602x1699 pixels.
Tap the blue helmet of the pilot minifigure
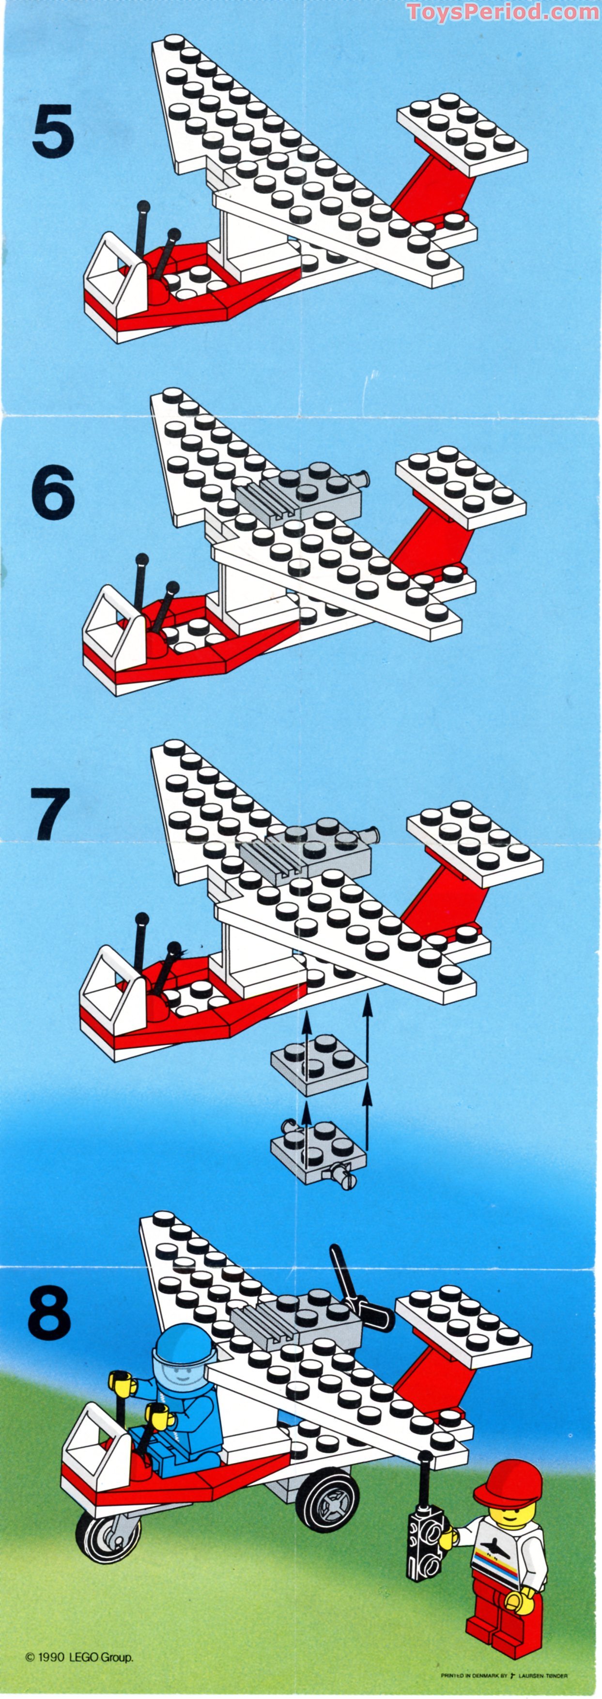point(185,1342)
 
